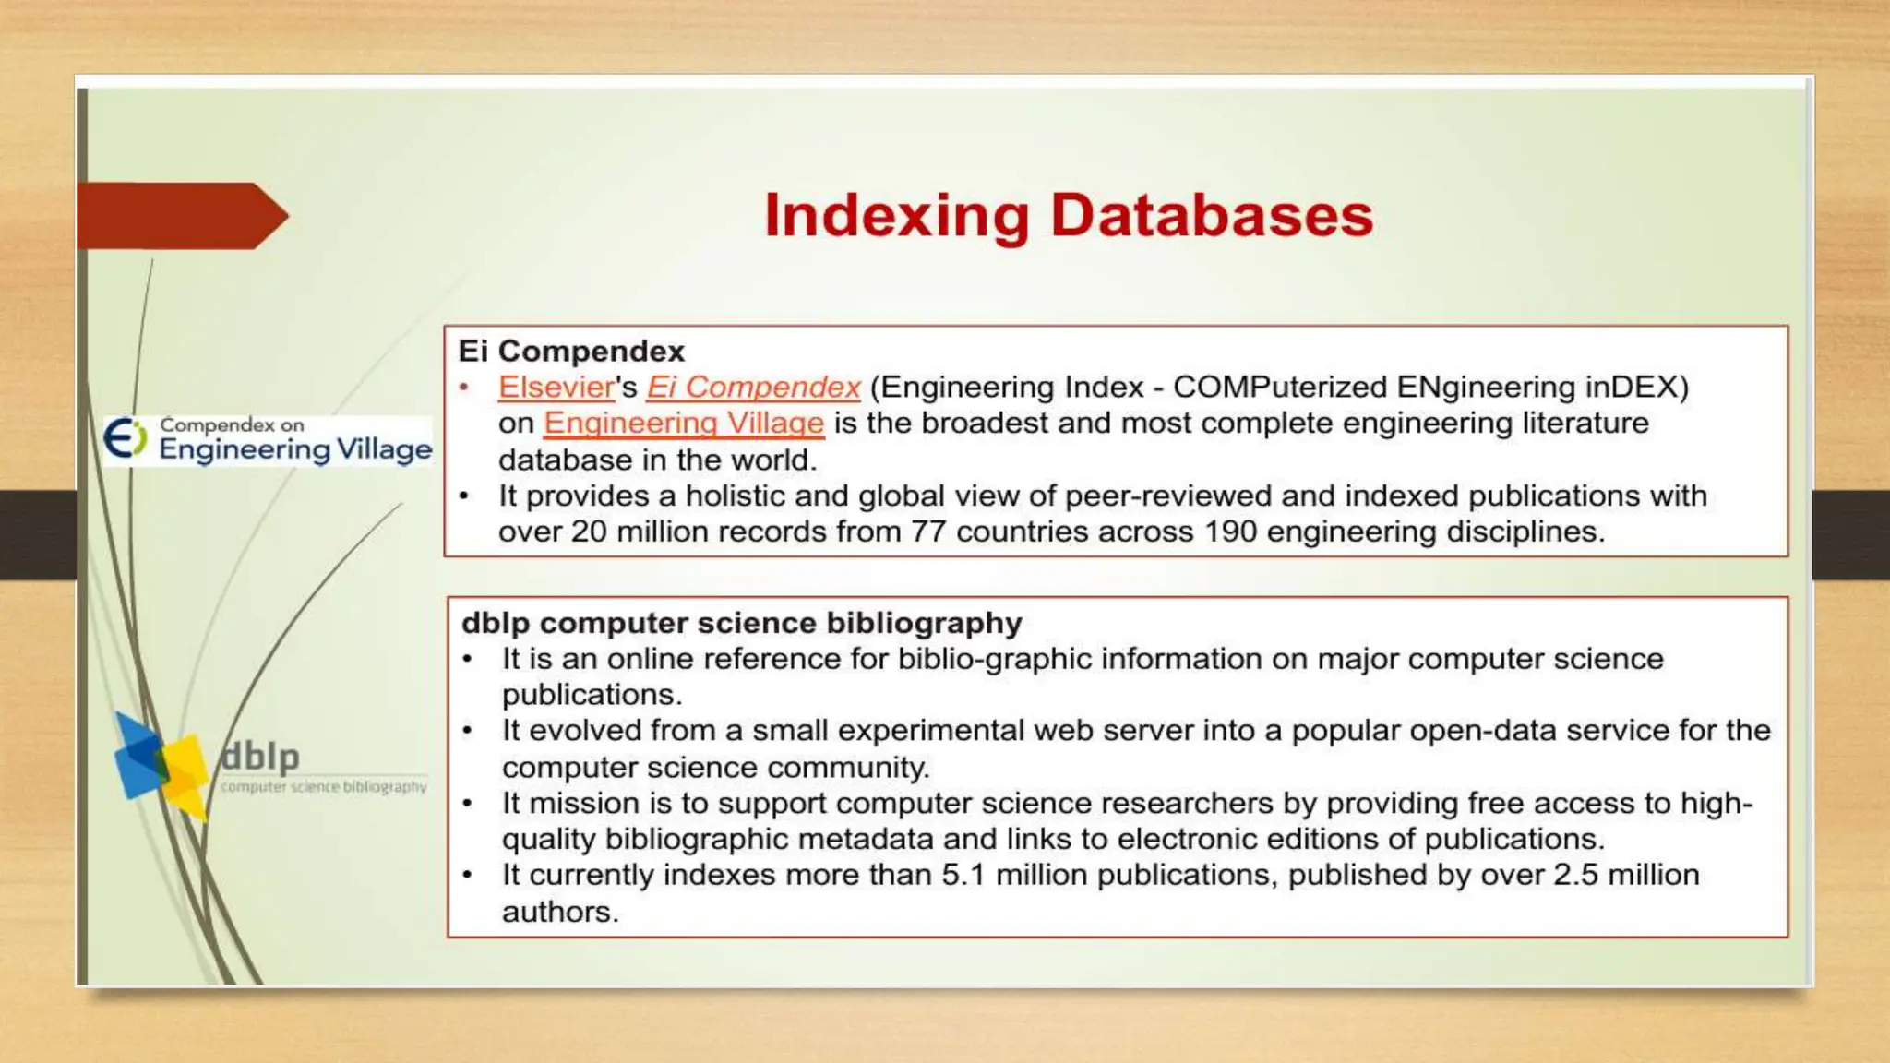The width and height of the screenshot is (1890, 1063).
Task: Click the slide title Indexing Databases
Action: coord(1069,216)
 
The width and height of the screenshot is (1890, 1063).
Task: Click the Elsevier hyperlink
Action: coord(556,388)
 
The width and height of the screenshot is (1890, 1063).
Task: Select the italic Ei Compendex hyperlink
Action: coord(753,388)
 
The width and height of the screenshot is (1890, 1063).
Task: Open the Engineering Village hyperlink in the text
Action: coord(683,424)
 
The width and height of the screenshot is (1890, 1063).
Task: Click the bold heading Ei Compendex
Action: coord(571,352)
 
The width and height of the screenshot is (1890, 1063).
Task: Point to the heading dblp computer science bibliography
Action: coord(741,623)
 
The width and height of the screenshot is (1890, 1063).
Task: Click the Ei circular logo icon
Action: coord(125,438)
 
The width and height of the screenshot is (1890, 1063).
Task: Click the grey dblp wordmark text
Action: coord(260,757)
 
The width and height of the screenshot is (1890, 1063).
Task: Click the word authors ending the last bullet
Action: coord(558,912)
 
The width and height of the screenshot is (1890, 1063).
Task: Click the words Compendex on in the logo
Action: coord(232,425)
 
